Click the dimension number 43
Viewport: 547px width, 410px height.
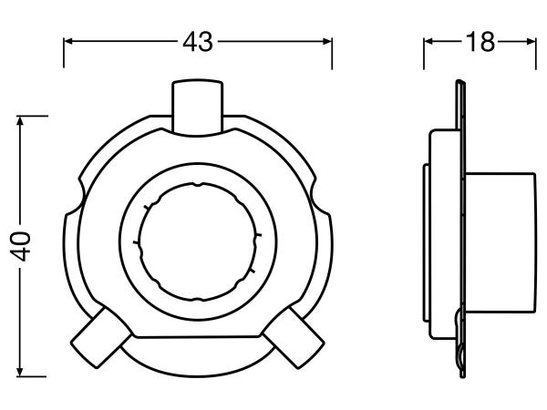pyautogui.click(x=198, y=42)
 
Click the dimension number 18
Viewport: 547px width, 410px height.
pyautogui.click(x=480, y=42)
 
